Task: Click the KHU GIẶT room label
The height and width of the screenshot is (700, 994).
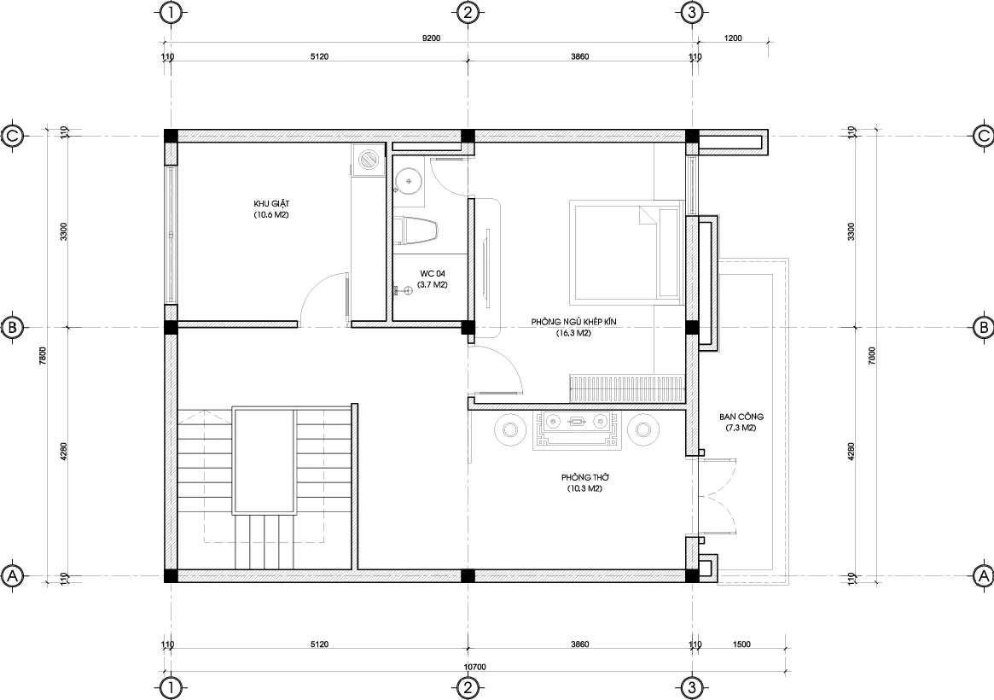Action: pyautogui.click(x=272, y=204)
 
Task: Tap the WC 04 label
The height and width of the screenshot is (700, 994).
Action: pyautogui.click(x=433, y=273)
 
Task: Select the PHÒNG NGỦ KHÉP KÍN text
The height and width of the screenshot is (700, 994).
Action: pyautogui.click(x=573, y=322)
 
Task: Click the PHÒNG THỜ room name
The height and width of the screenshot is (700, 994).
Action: pyautogui.click(x=584, y=477)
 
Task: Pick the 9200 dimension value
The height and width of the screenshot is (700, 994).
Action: pyautogui.click(x=432, y=38)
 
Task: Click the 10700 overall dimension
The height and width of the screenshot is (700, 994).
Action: pyautogui.click(x=475, y=667)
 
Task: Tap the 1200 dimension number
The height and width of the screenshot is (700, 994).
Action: pyautogui.click(x=733, y=38)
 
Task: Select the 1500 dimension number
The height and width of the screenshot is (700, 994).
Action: pyautogui.click(x=741, y=645)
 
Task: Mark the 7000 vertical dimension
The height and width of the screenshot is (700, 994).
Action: pyautogui.click(x=871, y=354)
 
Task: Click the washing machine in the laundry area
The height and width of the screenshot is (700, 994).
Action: pyautogui.click(x=369, y=160)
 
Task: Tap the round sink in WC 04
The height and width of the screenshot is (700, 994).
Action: pyautogui.click(x=410, y=180)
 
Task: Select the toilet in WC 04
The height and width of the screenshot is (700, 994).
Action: pyautogui.click(x=416, y=232)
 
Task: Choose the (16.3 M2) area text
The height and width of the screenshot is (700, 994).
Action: pyautogui.click(x=573, y=334)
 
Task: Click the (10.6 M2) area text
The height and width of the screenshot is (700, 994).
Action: pyautogui.click(x=272, y=216)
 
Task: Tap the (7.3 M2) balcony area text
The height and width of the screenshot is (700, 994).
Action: pyautogui.click(x=741, y=428)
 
